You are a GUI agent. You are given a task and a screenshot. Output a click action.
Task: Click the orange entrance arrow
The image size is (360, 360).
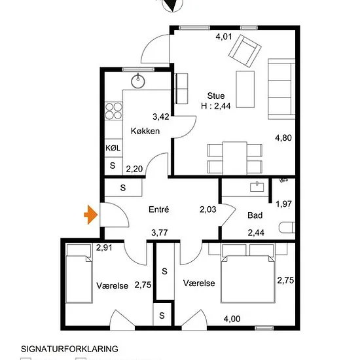coord(91,215)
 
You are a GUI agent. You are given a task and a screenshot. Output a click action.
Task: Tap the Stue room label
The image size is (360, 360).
coord(216,96)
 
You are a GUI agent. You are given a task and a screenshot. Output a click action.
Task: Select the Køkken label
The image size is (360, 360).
coord(145,131)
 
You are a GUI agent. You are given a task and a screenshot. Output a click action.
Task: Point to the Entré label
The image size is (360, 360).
coord(158,209)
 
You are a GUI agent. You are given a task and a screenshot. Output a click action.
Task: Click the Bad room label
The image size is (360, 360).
coord(255,215)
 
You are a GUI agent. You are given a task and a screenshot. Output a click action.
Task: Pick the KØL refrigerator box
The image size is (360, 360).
coord(113,148)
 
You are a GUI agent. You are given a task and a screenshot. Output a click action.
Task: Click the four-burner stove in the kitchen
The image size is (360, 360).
coord(114,111)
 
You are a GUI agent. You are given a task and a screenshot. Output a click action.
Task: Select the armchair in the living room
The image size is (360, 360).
coord(245,51)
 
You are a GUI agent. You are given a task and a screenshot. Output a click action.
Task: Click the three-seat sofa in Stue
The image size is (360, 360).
coord(281,89)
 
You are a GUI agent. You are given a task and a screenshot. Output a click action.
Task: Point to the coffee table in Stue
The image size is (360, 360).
coord(245,89)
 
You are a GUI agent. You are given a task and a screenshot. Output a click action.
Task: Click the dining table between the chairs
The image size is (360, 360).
coord(234,158)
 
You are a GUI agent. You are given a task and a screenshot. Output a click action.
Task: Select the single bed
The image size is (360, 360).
coord(79,274)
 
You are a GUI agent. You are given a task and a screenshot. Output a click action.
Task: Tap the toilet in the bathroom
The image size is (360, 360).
coord(287,228)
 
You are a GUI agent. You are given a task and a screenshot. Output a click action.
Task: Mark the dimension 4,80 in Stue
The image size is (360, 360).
coord(283,137)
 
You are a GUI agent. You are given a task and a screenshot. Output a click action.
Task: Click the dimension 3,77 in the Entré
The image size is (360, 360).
coord(160,232)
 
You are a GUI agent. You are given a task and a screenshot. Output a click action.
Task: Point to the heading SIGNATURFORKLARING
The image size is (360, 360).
coord(69,349)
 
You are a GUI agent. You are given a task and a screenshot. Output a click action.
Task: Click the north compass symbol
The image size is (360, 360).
coord(173,4)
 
